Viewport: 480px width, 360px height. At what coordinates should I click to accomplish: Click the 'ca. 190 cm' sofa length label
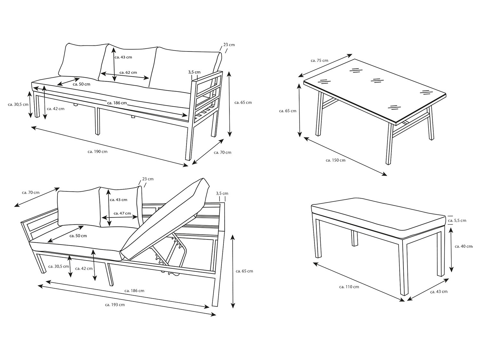tap(98, 151)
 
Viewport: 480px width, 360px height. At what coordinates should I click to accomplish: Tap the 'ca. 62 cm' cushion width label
tap(128, 72)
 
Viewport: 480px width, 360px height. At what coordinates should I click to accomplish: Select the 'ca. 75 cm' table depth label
tap(319, 60)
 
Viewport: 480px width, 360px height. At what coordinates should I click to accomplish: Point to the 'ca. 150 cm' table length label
tap(336, 160)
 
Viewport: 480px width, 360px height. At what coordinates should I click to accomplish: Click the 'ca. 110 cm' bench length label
tap(349, 287)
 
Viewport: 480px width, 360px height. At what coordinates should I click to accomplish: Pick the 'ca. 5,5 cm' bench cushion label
tap(457, 220)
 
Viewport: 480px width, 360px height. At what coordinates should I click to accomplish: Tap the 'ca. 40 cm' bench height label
tap(464, 246)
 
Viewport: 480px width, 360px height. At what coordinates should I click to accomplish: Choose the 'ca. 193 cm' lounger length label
tap(115, 305)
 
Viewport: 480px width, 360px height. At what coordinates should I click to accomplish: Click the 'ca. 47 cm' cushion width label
tap(122, 213)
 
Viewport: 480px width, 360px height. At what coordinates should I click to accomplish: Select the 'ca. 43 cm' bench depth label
tap(439, 292)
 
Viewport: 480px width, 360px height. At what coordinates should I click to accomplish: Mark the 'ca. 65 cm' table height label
tap(288, 111)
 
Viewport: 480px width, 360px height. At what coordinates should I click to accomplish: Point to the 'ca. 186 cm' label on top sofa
tap(117, 103)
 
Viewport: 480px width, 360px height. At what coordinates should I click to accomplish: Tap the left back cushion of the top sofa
tap(83, 61)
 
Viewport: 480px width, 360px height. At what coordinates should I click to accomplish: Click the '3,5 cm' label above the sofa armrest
tap(194, 72)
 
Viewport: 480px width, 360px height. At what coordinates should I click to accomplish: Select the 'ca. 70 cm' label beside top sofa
tap(222, 153)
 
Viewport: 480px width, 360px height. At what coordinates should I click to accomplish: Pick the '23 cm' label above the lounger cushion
tap(148, 179)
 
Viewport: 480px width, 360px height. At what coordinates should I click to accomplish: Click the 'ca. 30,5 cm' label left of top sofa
tap(18, 105)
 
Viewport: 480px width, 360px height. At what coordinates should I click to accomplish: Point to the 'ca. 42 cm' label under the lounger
tap(84, 268)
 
